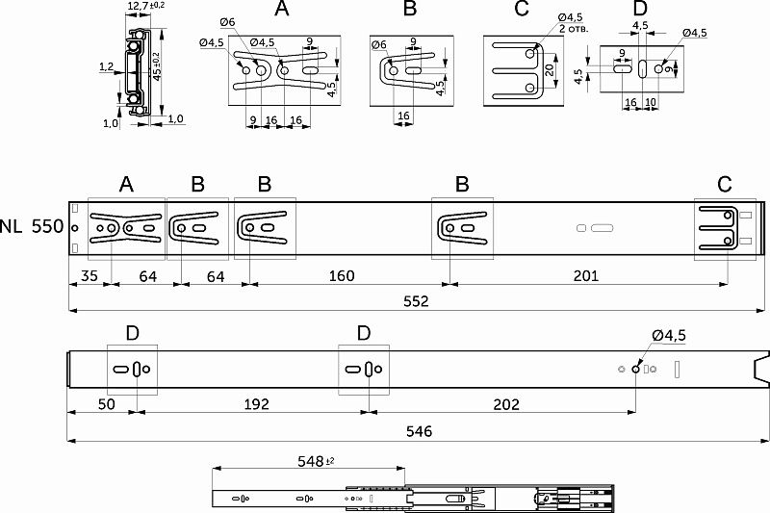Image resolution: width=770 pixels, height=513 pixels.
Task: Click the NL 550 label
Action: [x=32, y=228]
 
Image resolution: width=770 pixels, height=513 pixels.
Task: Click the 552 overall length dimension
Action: [x=415, y=301]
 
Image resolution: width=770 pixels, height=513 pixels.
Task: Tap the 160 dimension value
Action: [x=341, y=276]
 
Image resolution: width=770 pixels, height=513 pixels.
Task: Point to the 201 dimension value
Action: [x=585, y=276]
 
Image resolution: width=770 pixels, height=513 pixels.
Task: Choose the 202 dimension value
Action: [x=501, y=403]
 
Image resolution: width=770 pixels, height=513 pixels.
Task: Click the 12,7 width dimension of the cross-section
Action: [x=139, y=8]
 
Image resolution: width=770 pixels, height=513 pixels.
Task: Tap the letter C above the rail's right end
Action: [x=725, y=184]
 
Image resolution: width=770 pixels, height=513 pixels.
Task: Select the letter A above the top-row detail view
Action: [x=281, y=10]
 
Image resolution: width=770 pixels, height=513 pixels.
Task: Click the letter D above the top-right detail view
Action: [x=641, y=10]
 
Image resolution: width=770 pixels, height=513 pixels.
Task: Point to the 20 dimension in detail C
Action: [x=548, y=70]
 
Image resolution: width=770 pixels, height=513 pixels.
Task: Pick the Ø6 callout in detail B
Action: [x=379, y=45]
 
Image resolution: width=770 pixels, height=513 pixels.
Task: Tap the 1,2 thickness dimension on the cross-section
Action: [x=106, y=67]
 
